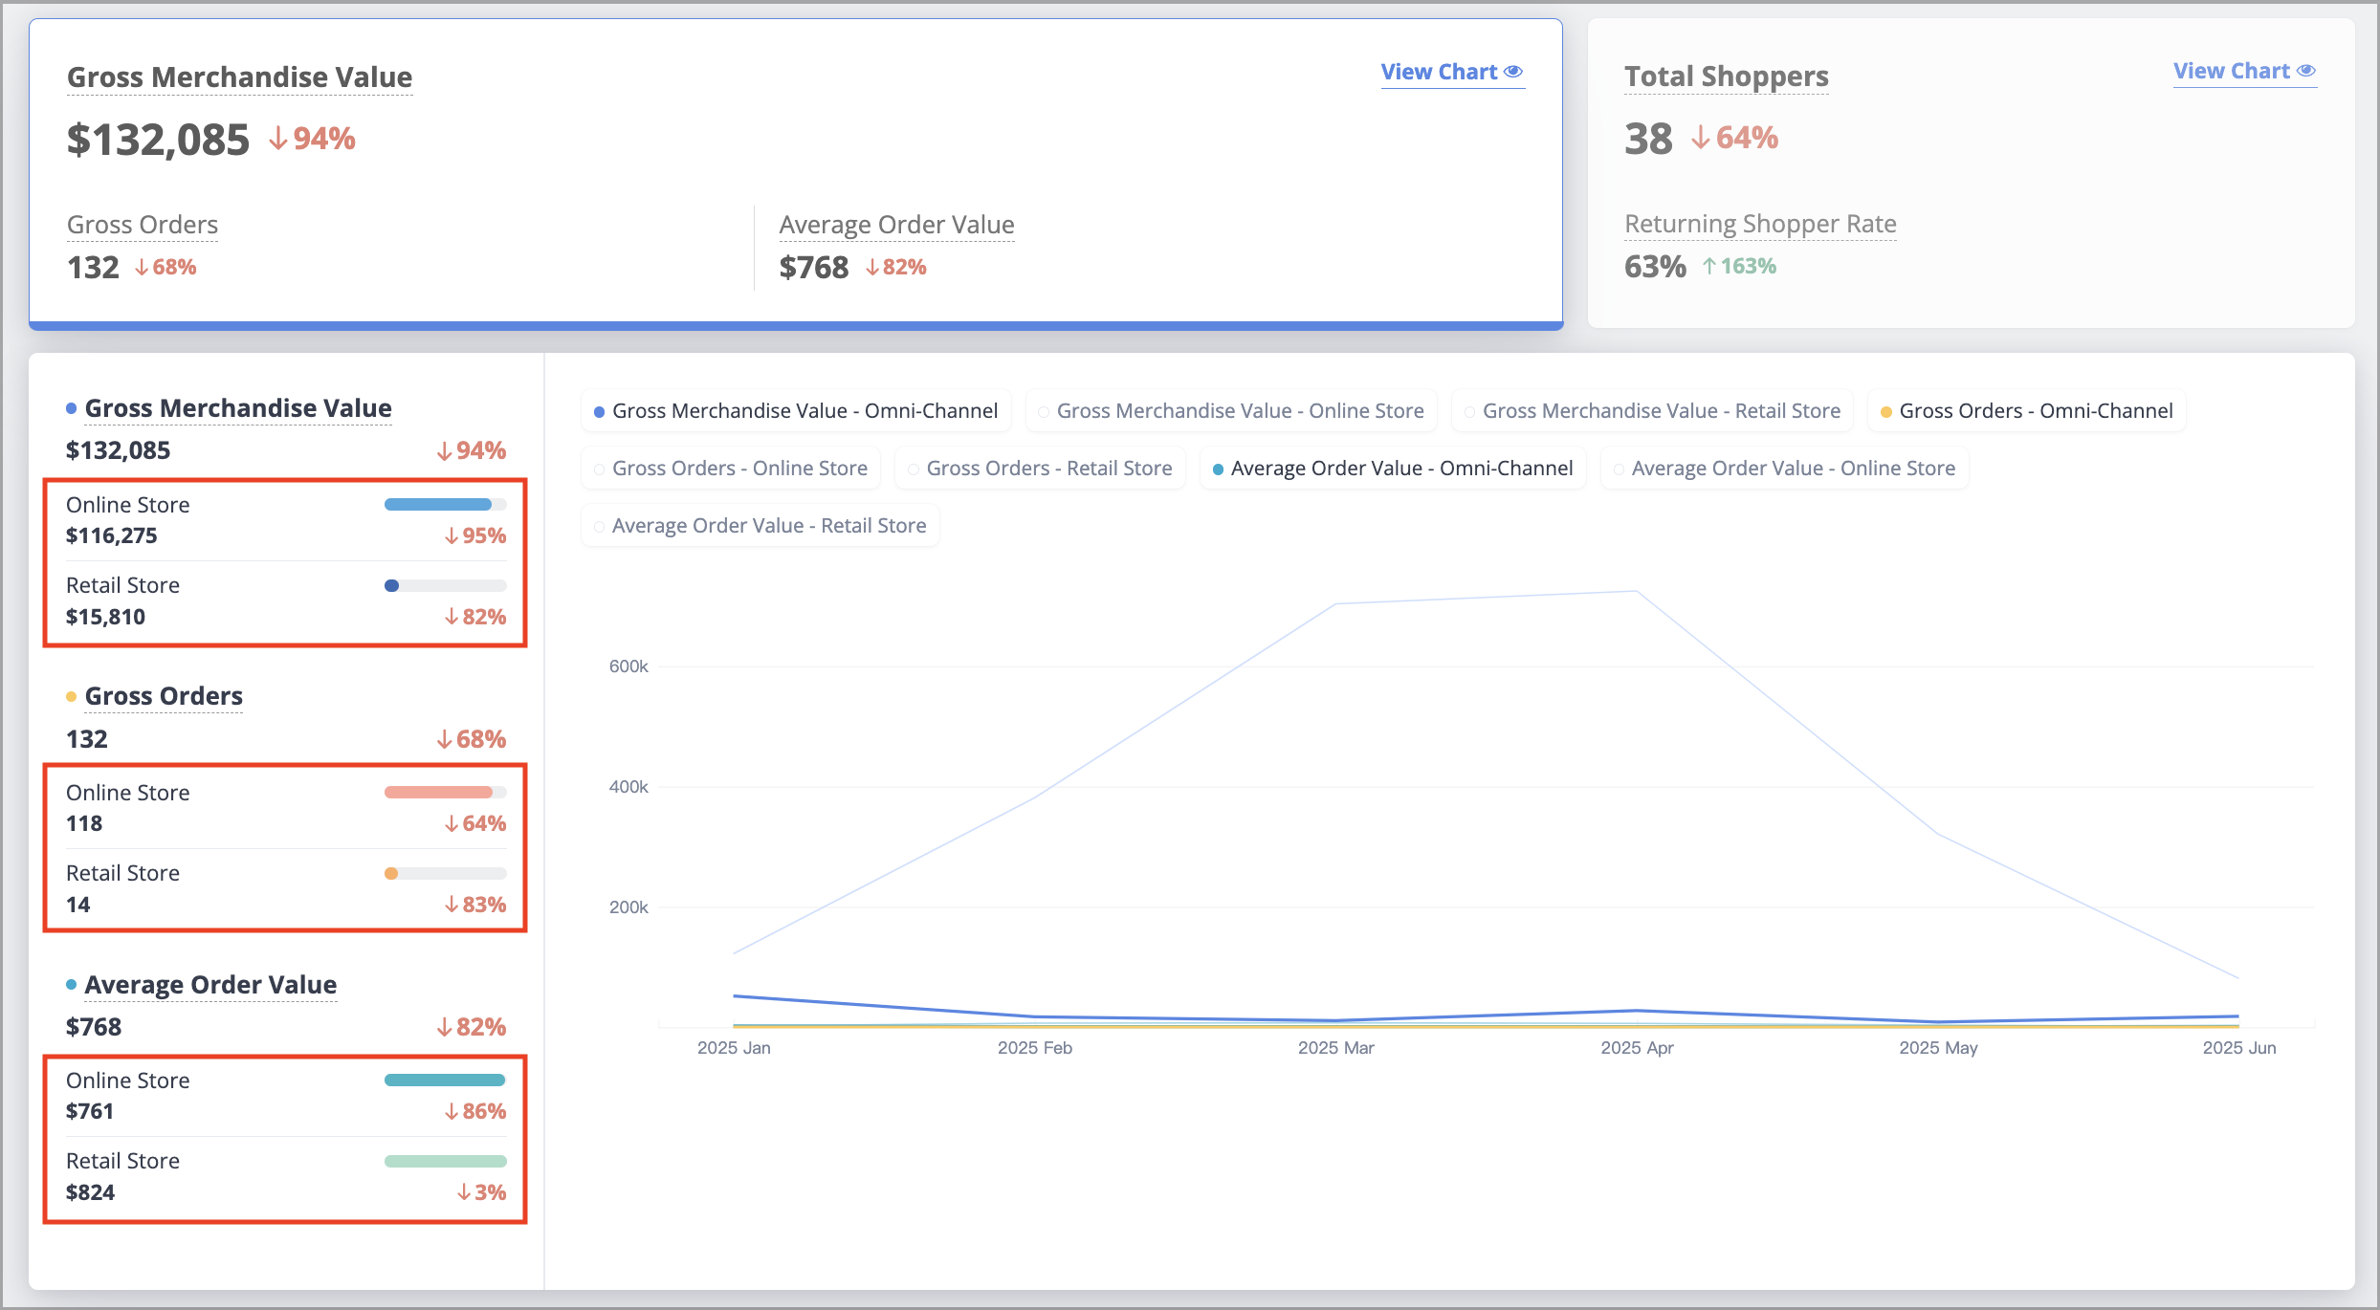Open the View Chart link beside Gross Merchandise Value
pos(1451,73)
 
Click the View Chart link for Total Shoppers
pos(2244,72)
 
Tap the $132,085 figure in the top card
pos(158,140)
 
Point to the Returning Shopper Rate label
pos(1760,224)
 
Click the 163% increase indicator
pos(1739,267)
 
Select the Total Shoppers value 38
pos(1648,139)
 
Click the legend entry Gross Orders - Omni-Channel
pos(2026,411)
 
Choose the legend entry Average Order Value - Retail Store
pos(760,526)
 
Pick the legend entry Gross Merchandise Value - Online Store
pos(1231,411)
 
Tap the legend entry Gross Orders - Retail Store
pos(1040,469)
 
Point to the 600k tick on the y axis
pos(628,666)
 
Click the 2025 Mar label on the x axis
pos(1335,1048)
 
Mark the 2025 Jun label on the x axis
pos(2238,1048)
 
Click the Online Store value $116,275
pos(112,536)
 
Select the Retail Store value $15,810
pos(105,618)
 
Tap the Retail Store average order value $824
pos(90,1193)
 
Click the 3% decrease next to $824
pos(481,1193)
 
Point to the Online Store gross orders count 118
pos(84,824)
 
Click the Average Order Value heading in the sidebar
pos(210,985)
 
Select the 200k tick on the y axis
pos(628,907)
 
